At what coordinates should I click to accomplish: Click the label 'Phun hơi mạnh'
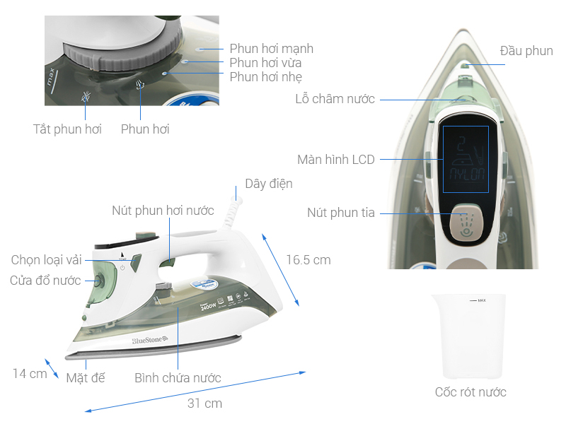pos(271,49)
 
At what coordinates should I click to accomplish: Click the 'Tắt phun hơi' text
pos(68,129)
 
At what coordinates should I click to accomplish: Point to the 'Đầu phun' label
pos(526,51)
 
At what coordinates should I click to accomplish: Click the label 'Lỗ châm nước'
pos(335,99)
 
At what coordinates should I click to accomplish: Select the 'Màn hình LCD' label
pos(336,159)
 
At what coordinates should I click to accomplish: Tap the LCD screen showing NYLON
pos(466,159)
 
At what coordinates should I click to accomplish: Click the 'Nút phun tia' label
pos(341,213)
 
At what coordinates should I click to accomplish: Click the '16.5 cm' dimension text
pos(308,260)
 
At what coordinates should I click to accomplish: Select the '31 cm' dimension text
pos(204,404)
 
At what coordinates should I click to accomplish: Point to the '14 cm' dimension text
pos(30,373)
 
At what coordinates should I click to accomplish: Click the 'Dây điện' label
pos(269,184)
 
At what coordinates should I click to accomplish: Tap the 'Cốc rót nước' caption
pos(470,391)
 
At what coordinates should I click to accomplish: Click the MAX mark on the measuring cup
pos(480,300)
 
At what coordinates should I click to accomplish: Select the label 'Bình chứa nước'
pos(178,377)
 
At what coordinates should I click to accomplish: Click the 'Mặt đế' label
pos(86,377)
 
